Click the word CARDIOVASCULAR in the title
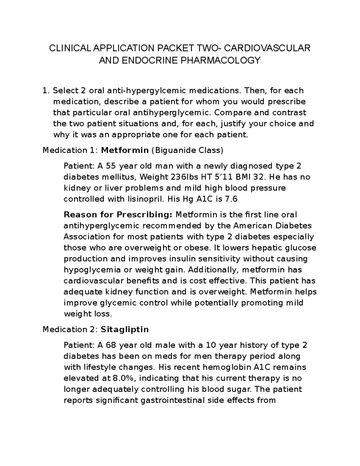[268, 48]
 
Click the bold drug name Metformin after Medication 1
[125, 150]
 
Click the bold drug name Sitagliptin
[125, 329]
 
